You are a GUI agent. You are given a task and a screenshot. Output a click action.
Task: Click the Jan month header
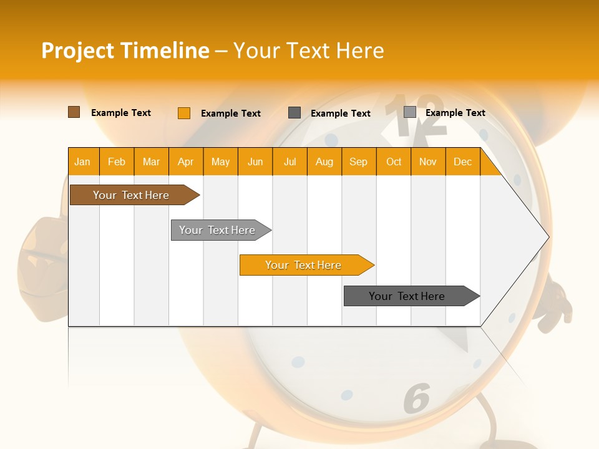[x=83, y=162]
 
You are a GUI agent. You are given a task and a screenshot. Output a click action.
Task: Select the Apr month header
[x=186, y=162]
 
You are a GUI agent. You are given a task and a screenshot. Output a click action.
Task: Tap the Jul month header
[x=290, y=162]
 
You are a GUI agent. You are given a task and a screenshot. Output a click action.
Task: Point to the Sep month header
[x=359, y=162]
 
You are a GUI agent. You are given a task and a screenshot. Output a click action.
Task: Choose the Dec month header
[x=462, y=162]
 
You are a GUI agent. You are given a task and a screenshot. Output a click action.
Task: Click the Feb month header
[x=117, y=162]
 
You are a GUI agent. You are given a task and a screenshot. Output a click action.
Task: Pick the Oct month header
[x=394, y=162]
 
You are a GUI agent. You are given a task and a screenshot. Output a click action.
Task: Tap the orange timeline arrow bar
[x=304, y=265]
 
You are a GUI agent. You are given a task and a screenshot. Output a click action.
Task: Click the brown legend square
[x=74, y=112]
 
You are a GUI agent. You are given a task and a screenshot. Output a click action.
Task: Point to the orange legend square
[x=183, y=113]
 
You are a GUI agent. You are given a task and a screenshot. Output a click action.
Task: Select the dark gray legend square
[x=295, y=113]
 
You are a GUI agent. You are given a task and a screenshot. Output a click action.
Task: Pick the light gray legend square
[x=410, y=112]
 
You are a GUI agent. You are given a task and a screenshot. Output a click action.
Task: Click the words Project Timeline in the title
[x=125, y=51]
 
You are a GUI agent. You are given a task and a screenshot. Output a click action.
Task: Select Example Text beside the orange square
[x=231, y=113]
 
